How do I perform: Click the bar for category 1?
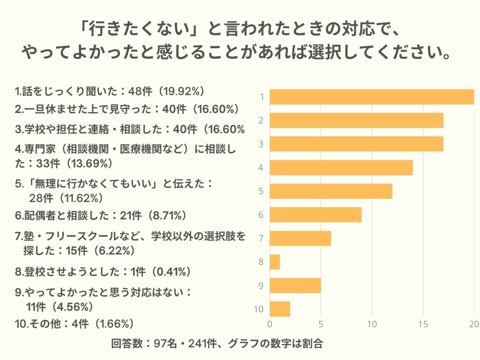tap(372, 97)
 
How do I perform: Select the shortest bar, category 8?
tap(275, 262)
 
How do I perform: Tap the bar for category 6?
tap(315, 215)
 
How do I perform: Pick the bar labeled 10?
tap(280, 309)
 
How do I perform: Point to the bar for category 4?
tap(341, 168)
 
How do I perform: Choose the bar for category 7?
tap(300, 238)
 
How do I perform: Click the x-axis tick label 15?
tap(423, 324)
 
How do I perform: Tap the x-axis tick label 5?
tap(321, 324)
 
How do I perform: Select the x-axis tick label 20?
tap(474, 324)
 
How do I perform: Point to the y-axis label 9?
tap(261, 285)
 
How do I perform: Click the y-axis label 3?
tap(261, 144)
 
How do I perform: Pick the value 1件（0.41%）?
tap(161, 271)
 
